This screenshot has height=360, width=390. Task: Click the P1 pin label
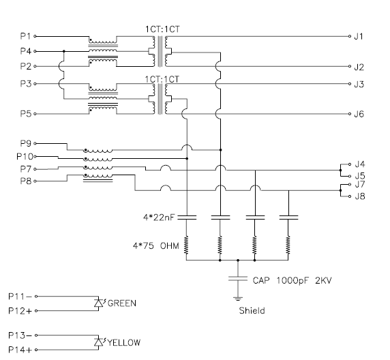pyautogui.click(x=25, y=36)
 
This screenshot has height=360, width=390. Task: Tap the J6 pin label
pyautogui.click(x=359, y=114)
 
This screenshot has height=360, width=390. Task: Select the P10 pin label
pyautogui.click(x=25, y=157)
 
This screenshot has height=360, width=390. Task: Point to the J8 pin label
pyautogui.click(x=360, y=196)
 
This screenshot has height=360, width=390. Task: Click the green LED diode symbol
pyautogui.click(x=99, y=303)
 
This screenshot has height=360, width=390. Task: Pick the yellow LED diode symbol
pyautogui.click(x=99, y=342)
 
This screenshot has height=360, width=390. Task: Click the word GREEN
pyautogui.click(x=122, y=303)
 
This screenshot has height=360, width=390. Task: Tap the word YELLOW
pyautogui.click(x=124, y=342)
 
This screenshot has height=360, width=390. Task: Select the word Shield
pyautogui.click(x=252, y=310)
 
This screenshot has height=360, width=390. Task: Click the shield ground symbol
pyautogui.click(x=238, y=299)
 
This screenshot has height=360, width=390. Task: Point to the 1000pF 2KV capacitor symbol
pyautogui.click(x=238, y=279)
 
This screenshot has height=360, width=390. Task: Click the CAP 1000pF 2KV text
pyautogui.click(x=292, y=281)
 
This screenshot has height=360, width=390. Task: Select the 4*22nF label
pyautogui.click(x=159, y=217)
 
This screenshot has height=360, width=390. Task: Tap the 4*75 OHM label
pyautogui.click(x=156, y=246)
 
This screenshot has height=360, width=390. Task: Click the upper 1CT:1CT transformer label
pyautogui.click(x=162, y=29)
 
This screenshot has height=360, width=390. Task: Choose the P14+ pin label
pyautogui.click(x=20, y=350)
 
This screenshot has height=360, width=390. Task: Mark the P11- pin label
pyautogui.click(x=20, y=297)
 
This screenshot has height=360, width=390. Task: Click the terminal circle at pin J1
pyautogui.click(x=350, y=36)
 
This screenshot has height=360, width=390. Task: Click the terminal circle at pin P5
pyautogui.click(x=35, y=114)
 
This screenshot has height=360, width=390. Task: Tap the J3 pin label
pyautogui.click(x=359, y=84)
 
